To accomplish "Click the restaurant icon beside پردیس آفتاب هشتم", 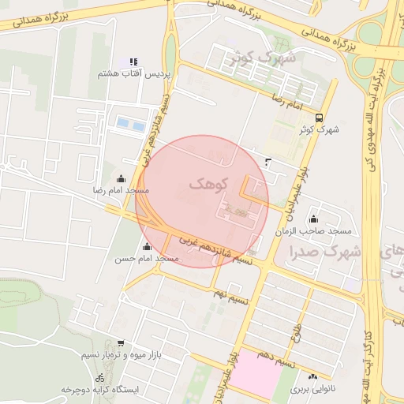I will coord(133,61).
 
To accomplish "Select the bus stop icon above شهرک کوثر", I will coord(318,117).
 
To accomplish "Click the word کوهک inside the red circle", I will coord(208,184).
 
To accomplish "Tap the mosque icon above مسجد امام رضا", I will coord(121,178).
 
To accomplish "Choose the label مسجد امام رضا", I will coord(121,191).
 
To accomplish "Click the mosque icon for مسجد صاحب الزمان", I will coord(314,219).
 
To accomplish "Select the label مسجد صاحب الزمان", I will coord(313,231).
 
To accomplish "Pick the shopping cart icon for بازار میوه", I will coord(120,343).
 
